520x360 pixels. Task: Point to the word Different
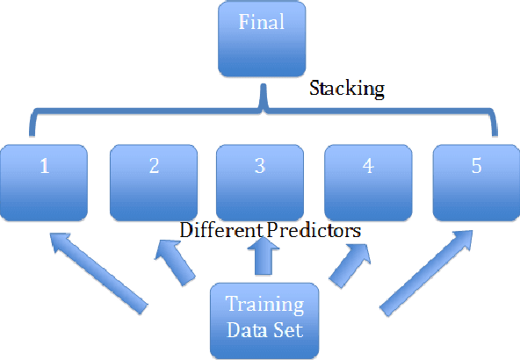click(219, 230)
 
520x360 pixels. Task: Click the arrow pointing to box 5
click(427, 271)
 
